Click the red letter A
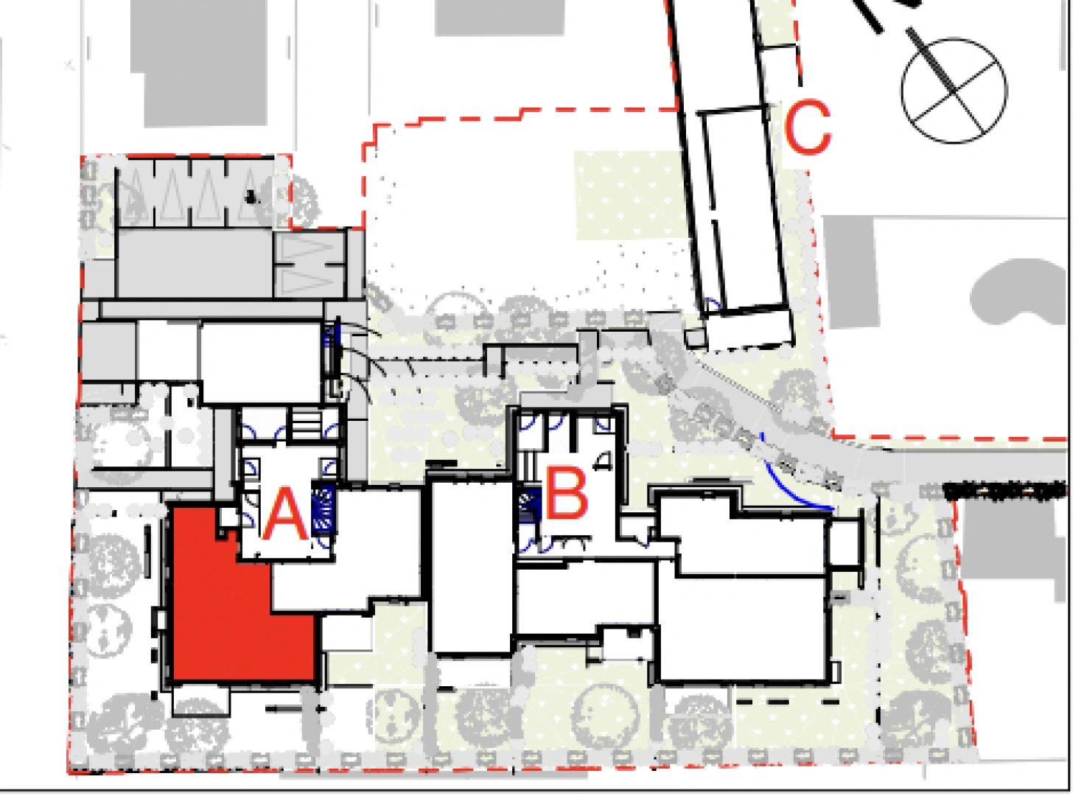tap(285, 514)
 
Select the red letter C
tap(807, 127)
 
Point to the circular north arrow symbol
tap(954, 91)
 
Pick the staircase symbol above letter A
tap(306, 424)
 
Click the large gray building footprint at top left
tap(198, 63)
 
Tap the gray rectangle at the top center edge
tap(500, 18)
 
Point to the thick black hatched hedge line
tap(1006, 489)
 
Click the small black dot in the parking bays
tap(251, 197)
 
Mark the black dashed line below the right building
tap(787, 702)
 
